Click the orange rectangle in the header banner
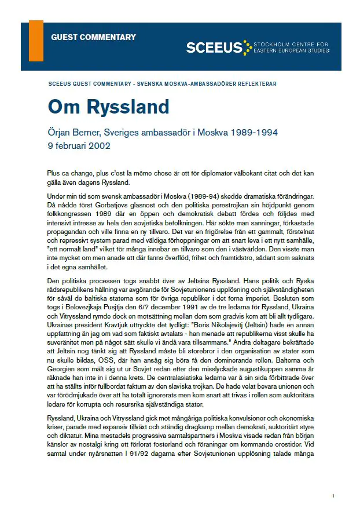click(36, 41)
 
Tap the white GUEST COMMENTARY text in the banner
click(93, 37)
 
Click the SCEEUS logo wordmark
click(214, 48)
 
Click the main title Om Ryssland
click(108, 107)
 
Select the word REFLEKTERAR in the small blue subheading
click(256, 84)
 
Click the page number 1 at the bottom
click(333, 496)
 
